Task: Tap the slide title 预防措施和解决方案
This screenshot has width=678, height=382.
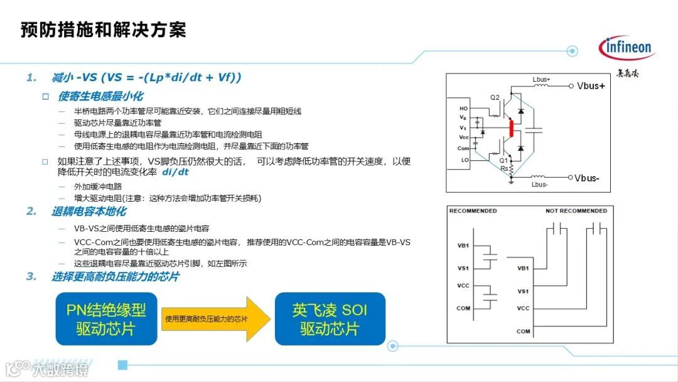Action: (104, 30)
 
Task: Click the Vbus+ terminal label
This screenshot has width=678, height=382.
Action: (591, 86)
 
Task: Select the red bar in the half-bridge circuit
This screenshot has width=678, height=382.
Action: (512, 129)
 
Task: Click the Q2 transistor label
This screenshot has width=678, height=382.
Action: (495, 97)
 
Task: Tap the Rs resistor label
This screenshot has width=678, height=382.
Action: (503, 168)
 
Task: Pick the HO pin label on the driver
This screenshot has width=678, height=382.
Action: (463, 108)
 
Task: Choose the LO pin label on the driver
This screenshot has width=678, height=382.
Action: (463, 160)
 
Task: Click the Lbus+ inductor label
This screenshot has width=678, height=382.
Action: (541, 80)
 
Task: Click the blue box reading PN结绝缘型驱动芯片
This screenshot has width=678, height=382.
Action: (106, 319)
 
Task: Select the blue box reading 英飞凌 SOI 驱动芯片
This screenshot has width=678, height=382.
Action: (330, 319)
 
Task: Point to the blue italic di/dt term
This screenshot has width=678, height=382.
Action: (175, 172)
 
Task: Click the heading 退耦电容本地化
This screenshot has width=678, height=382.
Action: (89, 212)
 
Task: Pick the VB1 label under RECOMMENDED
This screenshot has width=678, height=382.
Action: (463, 246)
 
